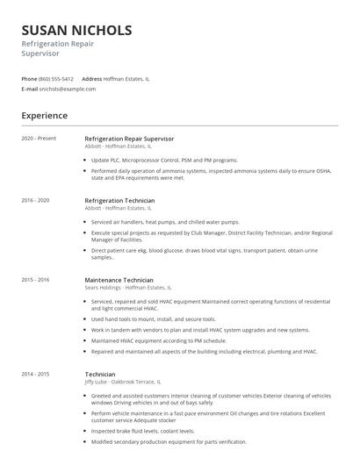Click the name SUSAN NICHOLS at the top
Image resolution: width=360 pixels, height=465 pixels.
point(77,30)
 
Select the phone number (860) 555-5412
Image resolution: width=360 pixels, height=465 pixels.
point(56,78)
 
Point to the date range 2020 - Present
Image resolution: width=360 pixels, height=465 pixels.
point(40,139)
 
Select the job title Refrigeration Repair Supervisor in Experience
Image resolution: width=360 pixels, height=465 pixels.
point(129,139)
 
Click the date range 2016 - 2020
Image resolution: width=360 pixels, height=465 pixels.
point(36,200)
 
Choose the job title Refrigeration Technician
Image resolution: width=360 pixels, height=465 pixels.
point(119,200)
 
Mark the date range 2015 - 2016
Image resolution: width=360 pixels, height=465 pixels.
point(36,279)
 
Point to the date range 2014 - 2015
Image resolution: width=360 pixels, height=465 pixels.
point(36,374)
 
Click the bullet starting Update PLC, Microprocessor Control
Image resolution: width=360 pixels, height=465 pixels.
point(164,161)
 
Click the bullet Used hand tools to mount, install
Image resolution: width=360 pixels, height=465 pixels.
point(153,318)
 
